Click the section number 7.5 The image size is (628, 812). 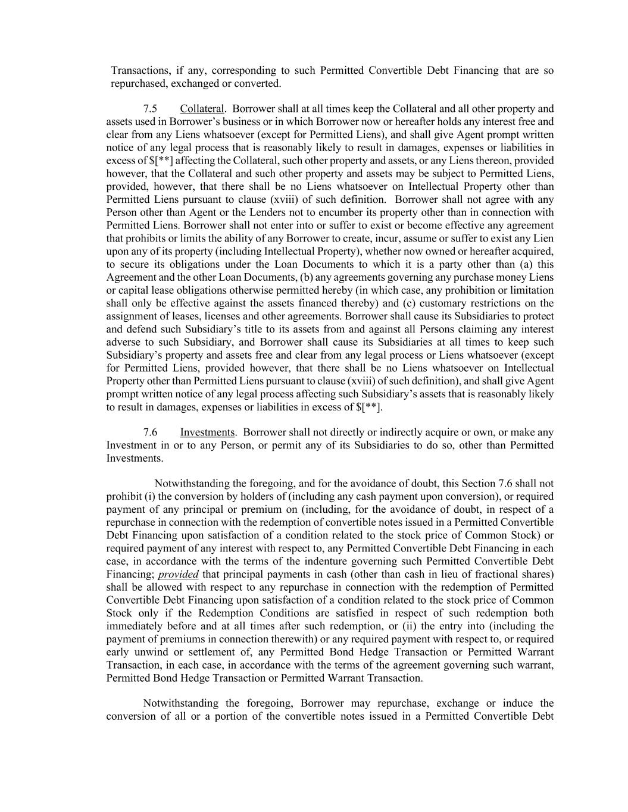coord(150,109)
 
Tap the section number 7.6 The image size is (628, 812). coord(150,432)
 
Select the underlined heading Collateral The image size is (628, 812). coord(202,109)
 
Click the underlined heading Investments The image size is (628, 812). coord(207,432)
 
